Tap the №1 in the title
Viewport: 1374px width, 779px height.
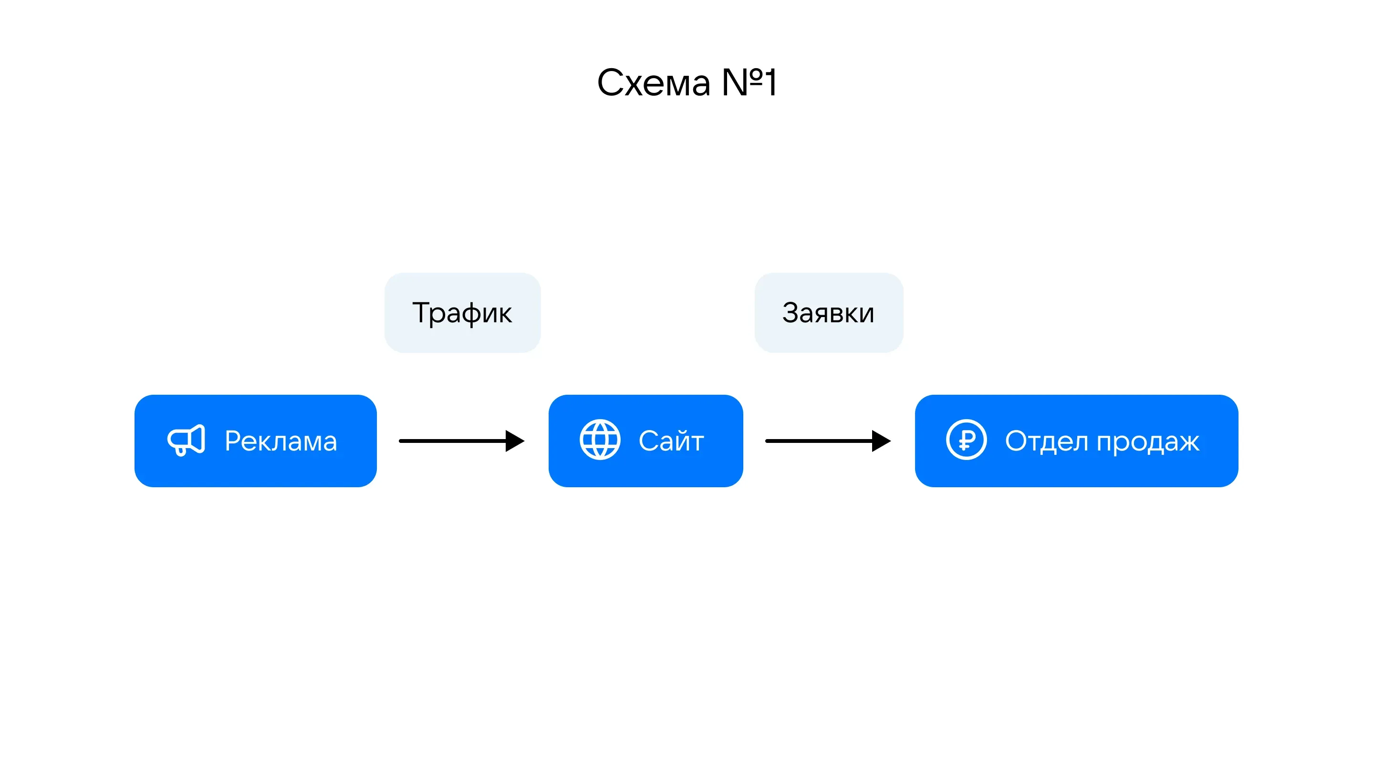point(749,83)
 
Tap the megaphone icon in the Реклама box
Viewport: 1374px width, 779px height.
point(186,441)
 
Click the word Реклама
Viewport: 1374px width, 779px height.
point(281,441)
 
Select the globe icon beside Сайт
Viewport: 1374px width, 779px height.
point(600,439)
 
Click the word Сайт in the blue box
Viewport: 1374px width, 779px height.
point(671,441)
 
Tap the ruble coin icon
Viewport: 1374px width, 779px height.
point(966,439)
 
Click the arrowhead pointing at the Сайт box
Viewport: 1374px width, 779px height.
point(514,441)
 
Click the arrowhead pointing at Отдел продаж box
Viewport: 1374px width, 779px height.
point(881,441)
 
